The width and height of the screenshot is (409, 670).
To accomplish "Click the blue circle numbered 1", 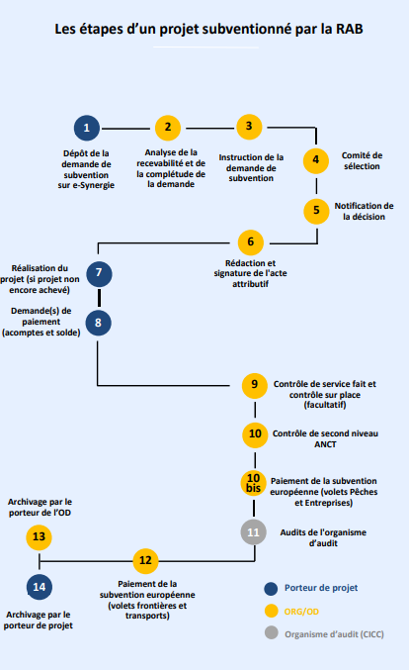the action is pos(87,128).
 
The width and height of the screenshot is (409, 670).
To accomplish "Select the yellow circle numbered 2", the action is pos(168,128).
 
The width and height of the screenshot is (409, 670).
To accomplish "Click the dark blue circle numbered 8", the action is pos(99,323).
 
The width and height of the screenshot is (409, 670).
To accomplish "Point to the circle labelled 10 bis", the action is pos(253,483).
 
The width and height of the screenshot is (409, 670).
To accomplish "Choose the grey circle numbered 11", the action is pos(253,532).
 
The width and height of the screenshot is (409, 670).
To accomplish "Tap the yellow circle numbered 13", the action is pos(39,537).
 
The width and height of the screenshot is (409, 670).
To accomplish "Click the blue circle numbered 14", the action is pos(40,587).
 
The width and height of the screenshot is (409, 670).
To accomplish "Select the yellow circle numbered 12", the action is pos(145,561).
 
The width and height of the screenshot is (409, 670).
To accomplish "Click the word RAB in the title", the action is pos(350,29).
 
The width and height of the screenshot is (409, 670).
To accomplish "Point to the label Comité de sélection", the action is pos(363,160).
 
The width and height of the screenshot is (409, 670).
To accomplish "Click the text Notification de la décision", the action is pos(365,211).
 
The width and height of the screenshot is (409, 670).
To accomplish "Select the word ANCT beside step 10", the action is pos(325,444).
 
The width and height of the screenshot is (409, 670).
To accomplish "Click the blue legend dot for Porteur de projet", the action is pos(271,589).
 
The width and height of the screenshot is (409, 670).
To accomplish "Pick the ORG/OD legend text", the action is pos(301,612).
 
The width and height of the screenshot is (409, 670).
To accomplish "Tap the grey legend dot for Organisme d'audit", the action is pos(272,632).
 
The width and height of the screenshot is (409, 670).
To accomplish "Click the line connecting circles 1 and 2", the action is pos(125,129).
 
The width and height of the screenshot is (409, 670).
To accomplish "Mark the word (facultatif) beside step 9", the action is pos(325,405).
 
